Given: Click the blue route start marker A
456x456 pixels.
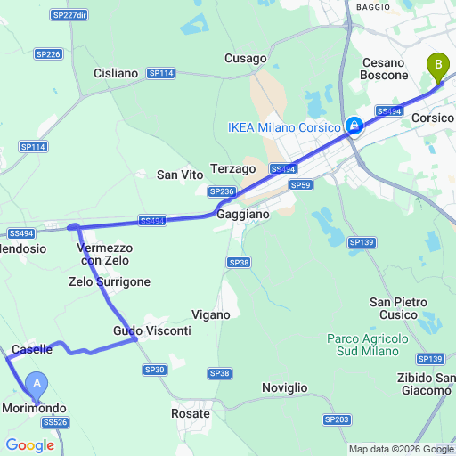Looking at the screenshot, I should pyautogui.click(x=37, y=385).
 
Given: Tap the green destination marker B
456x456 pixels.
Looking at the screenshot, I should pyautogui.click(x=436, y=65).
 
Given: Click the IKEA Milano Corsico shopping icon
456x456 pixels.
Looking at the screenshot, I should pyautogui.click(x=354, y=126).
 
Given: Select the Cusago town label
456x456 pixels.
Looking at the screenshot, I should pyautogui.click(x=245, y=58).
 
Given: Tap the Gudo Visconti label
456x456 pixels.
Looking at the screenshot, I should pyautogui.click(x=152, y=330).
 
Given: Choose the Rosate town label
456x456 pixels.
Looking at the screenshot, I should pyautogui.click(x=191, y=413).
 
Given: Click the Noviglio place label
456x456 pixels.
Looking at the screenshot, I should pyautogui.click(x=285, y=387).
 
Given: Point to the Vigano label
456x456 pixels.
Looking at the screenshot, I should pyautogui.click(x=211, y=314).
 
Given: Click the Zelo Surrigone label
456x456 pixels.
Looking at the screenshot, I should pyautogui.click(x=110, y=281).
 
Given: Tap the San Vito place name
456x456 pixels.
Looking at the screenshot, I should pyautogui.click(x=180, y=175).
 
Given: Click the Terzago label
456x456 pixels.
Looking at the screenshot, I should pyautogui.click(x=233, y=168).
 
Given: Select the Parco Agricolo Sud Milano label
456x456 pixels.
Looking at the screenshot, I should pyautogui.click(x=367, y=345).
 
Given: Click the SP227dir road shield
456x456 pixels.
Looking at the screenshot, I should pyautogui.click(x=69, y=15).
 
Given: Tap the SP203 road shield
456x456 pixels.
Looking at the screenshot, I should pyautogui.click(x=337, y=419).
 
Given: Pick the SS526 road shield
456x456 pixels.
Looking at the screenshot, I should pyautogui.click(x=54, y=422).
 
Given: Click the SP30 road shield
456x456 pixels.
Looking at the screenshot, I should pyautogui.click(x=155, y=370).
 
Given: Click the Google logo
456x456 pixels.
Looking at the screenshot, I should pyautogui.click(x=29, y=445).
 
